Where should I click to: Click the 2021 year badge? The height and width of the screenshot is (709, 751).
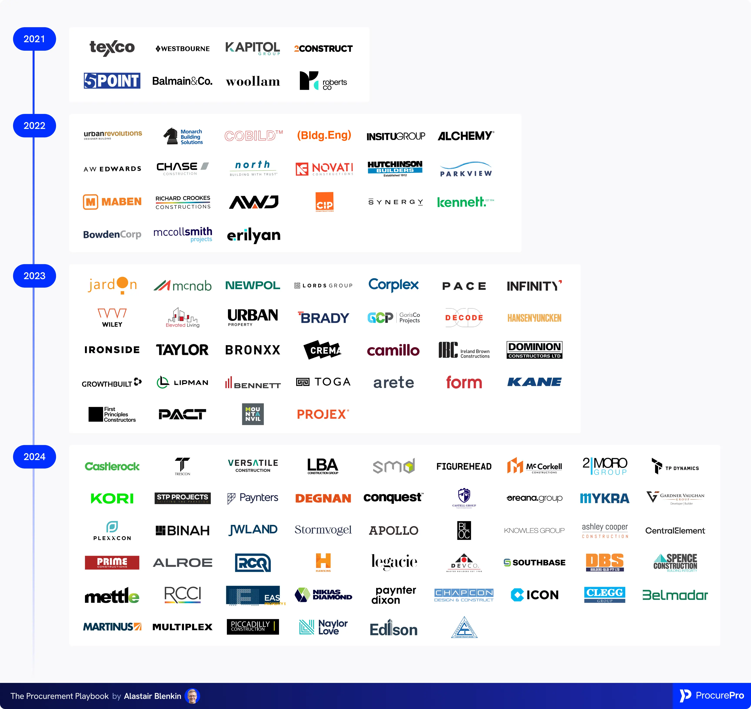34,39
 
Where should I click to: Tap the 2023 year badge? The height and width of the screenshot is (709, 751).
34,276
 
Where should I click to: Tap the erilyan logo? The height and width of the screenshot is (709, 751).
253,235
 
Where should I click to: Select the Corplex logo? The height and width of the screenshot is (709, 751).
393,285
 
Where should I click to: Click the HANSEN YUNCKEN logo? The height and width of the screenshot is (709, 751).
534,318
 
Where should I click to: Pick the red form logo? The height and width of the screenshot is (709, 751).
464,382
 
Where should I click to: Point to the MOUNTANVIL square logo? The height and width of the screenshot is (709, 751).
253,414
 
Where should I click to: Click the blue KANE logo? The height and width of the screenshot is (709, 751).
534,382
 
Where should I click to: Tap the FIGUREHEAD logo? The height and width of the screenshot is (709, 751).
464,466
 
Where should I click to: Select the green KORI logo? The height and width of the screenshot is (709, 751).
112,499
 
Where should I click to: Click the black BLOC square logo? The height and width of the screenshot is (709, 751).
464,530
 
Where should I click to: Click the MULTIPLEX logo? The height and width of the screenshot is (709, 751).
183,627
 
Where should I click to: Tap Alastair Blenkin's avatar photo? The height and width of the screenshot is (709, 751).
192,696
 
